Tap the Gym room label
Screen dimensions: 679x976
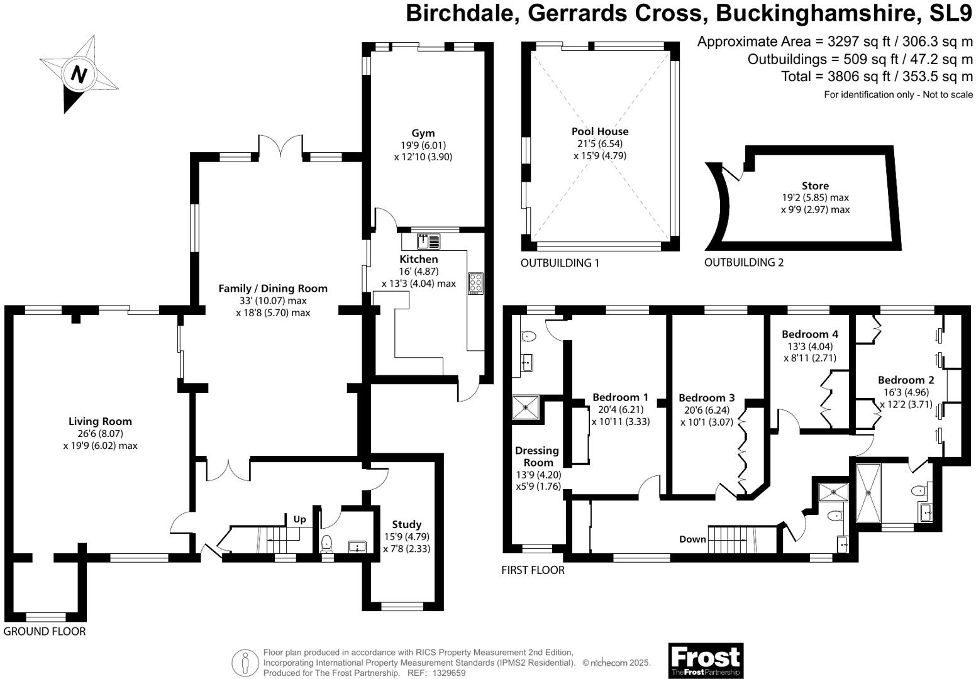(x=423, y=133)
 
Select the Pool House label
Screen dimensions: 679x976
(x=599, y=131)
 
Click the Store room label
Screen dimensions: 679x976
(x=815, y=186)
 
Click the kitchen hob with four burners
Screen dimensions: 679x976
(x=475, y=284)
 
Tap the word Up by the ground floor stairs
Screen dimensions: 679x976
(x=299, y=519)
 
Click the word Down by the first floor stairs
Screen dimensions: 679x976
(x=692, y=539)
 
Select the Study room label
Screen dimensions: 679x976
(x=406, y=524)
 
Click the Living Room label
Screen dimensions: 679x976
(x=100, y=421)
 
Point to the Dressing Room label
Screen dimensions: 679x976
(x=536, y=456)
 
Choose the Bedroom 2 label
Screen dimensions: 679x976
(x=906, y=380)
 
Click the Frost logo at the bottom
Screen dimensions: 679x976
(x=705, y=660)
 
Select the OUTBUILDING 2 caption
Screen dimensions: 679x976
(x=743, y=263)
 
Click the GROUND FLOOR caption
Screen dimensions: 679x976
(x=45, y=631)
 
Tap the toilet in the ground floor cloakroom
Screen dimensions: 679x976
(x=326, y=543)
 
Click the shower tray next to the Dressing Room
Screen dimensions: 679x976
(x=525, y=407)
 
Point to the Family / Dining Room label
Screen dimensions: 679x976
(x=273, y=289)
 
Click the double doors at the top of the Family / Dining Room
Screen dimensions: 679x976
(x=282, y=146)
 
